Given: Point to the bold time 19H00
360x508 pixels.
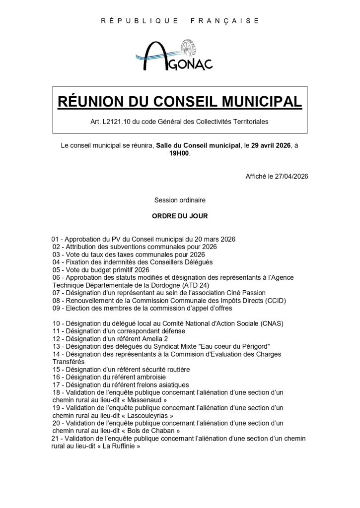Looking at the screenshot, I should click(x=179, y=154).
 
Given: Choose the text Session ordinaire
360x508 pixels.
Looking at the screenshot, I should click(x=180, y=200).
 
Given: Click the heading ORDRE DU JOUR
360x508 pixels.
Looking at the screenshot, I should click(x=180, y=216).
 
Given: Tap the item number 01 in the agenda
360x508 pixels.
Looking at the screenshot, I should click(x=55, y=239).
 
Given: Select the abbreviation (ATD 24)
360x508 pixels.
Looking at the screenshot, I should click(x=196, y=285).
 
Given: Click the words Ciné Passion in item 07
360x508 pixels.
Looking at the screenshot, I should click(x=245, y=293).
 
